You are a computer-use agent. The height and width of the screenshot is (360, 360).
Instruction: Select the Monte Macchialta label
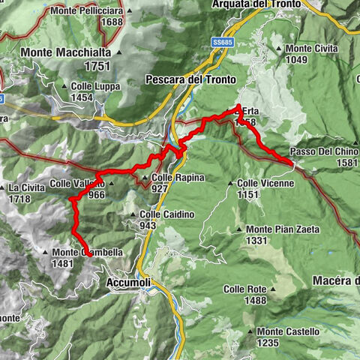point(67,52)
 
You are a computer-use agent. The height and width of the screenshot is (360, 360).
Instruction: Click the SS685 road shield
point(220,41)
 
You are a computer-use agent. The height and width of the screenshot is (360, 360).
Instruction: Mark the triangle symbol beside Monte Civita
point(280,48)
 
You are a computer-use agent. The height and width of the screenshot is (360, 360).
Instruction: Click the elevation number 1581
point(346,162)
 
